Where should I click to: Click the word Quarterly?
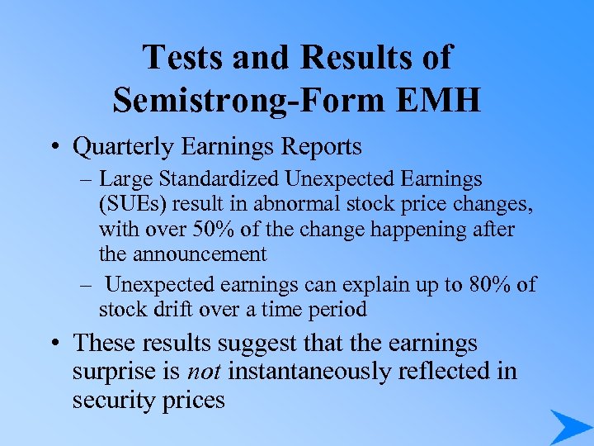pyautogui.click(x=122, y=147)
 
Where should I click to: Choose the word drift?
pyautogui.click(x=183, y=310)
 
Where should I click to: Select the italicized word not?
pyautogui.click(x=205, y=372)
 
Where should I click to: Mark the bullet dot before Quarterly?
pyautogui.click(x=59, y=148)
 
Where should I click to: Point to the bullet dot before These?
pyautogui.click(x=59, y=343)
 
